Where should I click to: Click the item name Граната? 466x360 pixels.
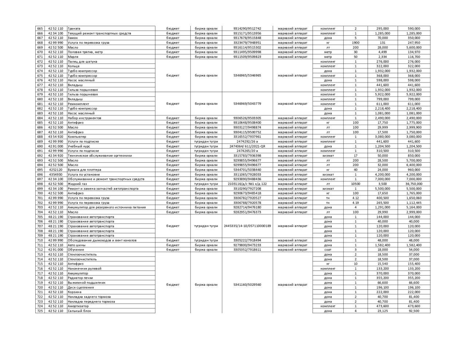74,28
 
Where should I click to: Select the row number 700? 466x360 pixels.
40,193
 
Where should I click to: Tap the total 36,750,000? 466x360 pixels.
414,184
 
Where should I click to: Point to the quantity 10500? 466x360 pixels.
355,184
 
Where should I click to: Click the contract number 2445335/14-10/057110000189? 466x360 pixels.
247,226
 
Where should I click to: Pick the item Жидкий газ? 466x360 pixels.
77,184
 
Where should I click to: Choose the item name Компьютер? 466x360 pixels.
77,137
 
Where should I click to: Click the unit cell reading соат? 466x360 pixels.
328,250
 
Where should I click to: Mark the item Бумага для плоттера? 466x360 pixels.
84,170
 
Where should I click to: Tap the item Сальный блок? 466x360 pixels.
79,311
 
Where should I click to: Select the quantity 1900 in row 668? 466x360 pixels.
355,43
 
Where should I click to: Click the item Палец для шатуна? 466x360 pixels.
82,62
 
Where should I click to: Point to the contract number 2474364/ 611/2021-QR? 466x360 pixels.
247,146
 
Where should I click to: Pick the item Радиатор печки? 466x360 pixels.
80,278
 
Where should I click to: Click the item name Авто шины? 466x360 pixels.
76,245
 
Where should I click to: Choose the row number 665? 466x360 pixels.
40,28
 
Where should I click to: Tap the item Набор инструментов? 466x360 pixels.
84,118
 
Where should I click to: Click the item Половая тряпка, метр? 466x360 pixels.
85,52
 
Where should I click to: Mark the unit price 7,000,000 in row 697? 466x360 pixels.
382,179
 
